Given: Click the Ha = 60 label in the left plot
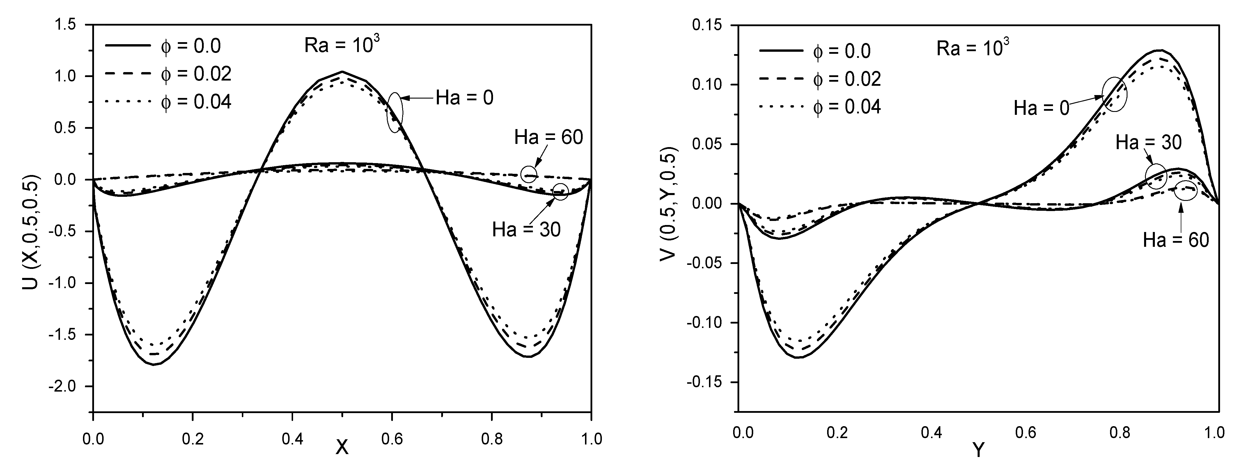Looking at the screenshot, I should click(x=548, y=138).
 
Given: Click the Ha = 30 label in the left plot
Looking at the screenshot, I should click(x=526, y=230).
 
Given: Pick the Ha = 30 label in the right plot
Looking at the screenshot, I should click(x=1148, y=142).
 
